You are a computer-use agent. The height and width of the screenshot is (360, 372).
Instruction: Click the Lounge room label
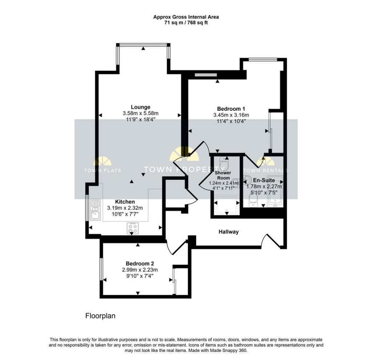pos(141,107)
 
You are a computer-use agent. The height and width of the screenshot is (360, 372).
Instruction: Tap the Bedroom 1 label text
pos(231,109)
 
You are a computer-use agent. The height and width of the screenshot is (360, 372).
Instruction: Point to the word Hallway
pos(229,232)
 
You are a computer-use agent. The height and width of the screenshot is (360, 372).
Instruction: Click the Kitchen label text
pos(125,202)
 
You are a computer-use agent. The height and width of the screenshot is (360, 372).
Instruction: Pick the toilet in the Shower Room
pos(225,164)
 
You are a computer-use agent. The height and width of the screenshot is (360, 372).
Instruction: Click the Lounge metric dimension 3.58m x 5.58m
pos(141,113)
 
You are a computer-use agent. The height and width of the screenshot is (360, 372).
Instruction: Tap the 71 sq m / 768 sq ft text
pos(186,22)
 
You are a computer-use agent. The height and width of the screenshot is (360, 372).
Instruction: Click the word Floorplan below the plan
pos(100,316)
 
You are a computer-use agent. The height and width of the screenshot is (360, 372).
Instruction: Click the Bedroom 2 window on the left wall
pos(101,269)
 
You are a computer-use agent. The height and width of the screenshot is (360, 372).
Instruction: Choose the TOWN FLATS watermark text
pos(102,170)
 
